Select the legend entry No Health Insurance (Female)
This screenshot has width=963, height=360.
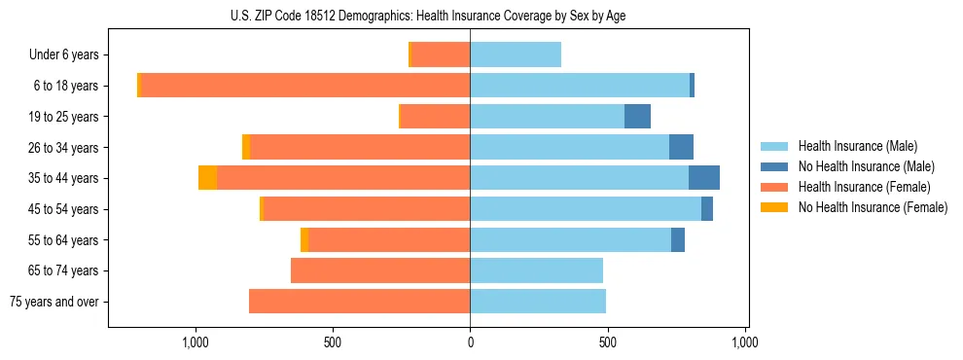tap(873, 207)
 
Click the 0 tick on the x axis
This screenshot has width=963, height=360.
tap(470, 342)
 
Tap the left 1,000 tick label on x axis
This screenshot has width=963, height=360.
tap(196, 342)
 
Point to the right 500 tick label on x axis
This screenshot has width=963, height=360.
tap(607, 342)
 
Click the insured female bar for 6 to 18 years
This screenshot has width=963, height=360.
tap(305, 86)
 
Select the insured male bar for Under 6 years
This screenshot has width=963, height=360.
tap(516, 54)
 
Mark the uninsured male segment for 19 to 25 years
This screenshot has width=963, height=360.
tap(637, 117)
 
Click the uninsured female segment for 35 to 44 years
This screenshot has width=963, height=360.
tap(207, 178)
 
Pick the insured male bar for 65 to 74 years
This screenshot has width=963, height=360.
tap(536, 270)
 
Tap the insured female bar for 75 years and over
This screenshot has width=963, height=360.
tap(359, 302)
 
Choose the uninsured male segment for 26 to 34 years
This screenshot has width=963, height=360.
tap(681, 147)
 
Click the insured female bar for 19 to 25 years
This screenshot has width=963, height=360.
tap(435, 117)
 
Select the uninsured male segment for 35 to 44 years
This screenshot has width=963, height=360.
tap(704, 178)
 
